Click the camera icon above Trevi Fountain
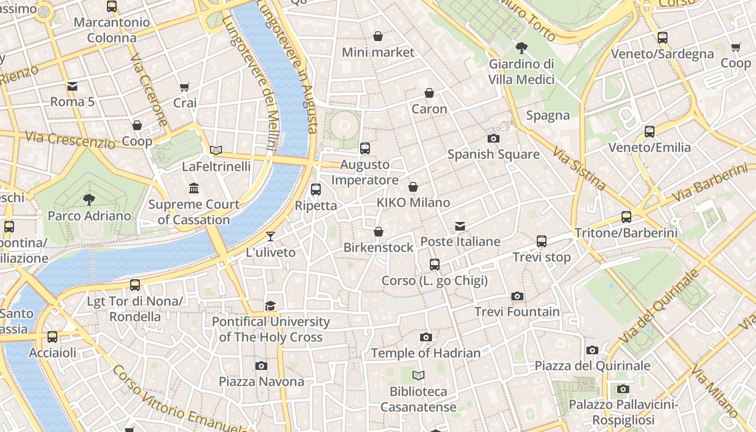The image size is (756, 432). coord(517,296)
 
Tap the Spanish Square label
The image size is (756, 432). coord(493,154)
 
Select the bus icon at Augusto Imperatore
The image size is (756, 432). coord(365,148)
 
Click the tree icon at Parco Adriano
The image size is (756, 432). coord(89,200)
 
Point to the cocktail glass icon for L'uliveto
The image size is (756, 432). coord(270,237)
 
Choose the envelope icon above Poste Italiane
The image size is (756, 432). coord(460,226)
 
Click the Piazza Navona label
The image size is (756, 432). coord(261,382)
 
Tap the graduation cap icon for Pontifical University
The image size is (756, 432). coord(271,306)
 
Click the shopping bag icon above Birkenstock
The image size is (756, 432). coord(379,232)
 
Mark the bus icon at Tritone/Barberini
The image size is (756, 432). coord(626,217)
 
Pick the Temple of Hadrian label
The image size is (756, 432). coord(426,353)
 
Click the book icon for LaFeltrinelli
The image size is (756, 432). coord(216,151)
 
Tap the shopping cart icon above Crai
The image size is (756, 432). coord(185,87)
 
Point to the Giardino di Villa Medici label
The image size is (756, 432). coord(522,72)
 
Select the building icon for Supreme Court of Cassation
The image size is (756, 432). coord(194,188)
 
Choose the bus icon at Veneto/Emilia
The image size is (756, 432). coord(650,132)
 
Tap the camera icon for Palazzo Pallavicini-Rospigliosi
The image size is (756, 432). coord(623,389)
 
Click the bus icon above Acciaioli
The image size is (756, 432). coord(52,337)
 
